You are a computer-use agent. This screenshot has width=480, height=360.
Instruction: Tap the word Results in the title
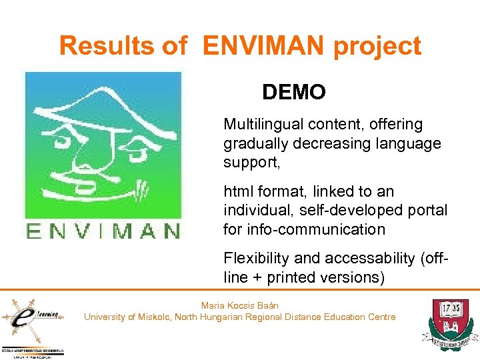[107, 46]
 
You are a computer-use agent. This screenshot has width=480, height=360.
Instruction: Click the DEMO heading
[294, 92]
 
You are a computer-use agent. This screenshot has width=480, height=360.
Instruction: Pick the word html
[239, 192]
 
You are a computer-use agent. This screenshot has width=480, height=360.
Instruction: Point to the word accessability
[356, 259]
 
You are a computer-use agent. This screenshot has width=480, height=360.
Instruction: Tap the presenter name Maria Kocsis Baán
[240, 305]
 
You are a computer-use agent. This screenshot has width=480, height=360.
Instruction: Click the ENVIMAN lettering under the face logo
[103, 231]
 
